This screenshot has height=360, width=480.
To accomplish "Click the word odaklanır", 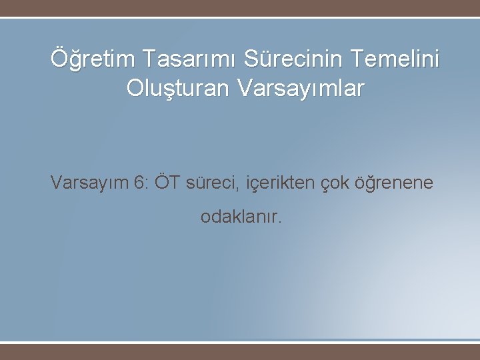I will tap(241, 217).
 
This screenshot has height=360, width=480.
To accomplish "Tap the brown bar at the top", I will tap(240, 8).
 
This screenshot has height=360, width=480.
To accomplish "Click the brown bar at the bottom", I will tap(240, 351).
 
